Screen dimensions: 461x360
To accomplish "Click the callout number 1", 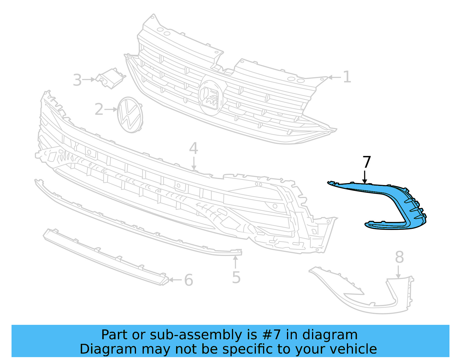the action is click(x=347, y=77).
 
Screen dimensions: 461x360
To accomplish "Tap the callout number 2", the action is click(x=99, y=110).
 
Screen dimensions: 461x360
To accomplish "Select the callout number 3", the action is click(x=77, y=80).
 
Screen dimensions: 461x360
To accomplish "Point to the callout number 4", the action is click(x=193, y=148).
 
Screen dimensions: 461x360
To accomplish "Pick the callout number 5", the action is click(x=236, y=277).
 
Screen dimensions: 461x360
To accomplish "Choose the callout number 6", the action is click(x=188, y=280).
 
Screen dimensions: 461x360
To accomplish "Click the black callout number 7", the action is click(x=366, y=162).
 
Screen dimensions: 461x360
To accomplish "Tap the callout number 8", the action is click(x=399, y=257).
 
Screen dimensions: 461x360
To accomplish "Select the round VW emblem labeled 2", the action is click(x=130, y=115).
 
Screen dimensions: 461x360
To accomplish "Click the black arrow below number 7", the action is click(x=365, y=177).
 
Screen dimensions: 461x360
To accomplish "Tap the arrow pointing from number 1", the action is click(x=334, y=77).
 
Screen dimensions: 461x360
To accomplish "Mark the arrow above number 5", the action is click(x=236, y=262).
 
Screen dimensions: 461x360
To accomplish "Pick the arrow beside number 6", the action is click(x=175, y=280).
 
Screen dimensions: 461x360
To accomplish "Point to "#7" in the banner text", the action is click(x=271, y=335).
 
